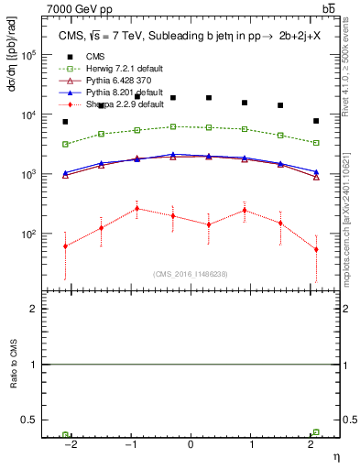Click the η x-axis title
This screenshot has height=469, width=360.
coord(335,455)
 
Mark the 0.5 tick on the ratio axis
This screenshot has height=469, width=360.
coord(30,420)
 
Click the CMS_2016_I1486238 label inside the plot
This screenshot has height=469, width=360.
coord(191,274)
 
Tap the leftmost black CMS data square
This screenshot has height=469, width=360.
coord(65,122)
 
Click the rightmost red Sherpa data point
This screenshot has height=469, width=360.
coord(316,249)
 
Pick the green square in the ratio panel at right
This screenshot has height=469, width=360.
coord(316,431)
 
